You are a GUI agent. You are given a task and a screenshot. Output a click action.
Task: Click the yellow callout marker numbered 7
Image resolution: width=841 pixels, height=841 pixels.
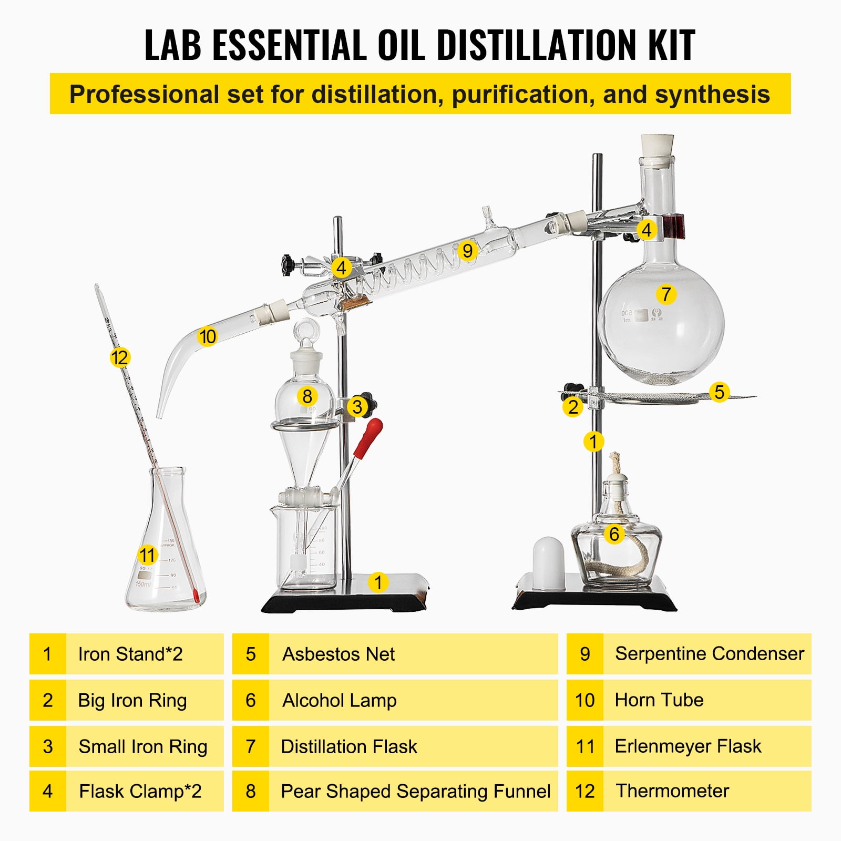pyautogui.click(x=666, y=294)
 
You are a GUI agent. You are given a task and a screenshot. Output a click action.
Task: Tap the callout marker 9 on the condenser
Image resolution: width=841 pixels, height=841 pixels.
pyautogui.click(x=467, y=251)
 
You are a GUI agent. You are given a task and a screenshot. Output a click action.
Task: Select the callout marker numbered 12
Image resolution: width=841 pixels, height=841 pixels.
pyautogui.click(x=120, y=358)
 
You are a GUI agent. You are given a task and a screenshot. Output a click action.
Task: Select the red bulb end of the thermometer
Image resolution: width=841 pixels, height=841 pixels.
pyautogui.click(x=196, y=596)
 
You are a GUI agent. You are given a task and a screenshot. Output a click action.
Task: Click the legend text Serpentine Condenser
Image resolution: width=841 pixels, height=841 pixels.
pyautogui.click(x=709, y=654)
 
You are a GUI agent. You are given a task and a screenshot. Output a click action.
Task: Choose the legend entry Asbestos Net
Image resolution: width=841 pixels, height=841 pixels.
pyautogui.click(x=339, y=654)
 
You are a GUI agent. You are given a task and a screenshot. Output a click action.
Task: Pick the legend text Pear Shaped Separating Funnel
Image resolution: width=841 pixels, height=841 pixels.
pyautogui.click(x=415, y=792)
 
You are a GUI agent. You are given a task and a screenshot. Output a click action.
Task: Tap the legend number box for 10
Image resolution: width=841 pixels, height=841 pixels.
pyautogui.click(x=584, y=700)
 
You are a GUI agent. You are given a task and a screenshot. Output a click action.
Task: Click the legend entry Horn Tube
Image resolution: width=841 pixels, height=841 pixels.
pyautogui.click(x=659, y=700)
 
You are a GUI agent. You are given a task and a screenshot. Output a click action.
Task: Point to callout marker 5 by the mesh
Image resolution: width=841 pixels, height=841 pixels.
pyautogui.click(x=719, y=392)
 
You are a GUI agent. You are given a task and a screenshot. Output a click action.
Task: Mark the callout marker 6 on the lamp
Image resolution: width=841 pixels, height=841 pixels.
pyautogui.click(x=614, y=534)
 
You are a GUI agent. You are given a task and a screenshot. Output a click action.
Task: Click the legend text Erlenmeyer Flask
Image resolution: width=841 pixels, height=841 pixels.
pyautogui.click(x=688, y=746)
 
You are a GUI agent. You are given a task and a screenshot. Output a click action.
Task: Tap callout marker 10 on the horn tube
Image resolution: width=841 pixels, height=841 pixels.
pyautogui.click(x=207, y=336)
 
